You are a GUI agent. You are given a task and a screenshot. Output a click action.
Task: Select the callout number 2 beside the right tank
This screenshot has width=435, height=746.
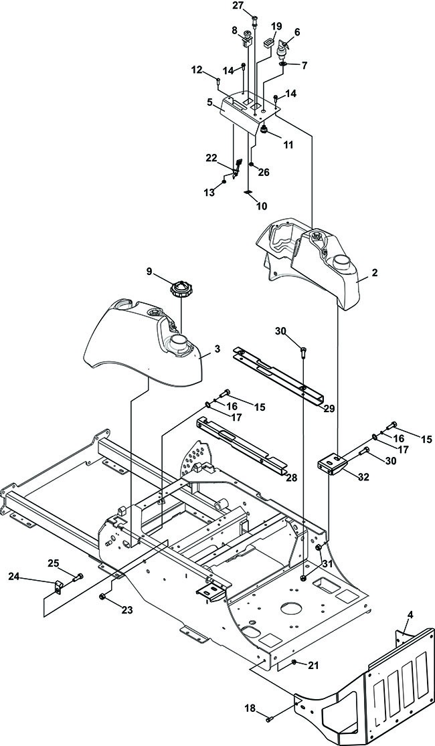[x=375, y=272]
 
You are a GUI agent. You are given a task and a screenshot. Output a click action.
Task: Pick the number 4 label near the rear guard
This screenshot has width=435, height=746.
[x=410, y=615]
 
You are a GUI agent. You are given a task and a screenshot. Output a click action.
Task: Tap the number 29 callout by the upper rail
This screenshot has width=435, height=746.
[x=329, y=409]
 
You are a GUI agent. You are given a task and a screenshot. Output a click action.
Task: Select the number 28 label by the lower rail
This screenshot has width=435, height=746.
[x=291, y=478]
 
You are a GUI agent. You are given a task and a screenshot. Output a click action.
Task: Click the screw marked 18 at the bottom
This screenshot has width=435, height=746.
[x=269, y=718]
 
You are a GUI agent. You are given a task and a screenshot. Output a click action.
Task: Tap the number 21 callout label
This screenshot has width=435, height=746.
[x=313, y=666]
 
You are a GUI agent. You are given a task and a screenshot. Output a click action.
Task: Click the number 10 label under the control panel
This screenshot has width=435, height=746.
[x=261, y=207]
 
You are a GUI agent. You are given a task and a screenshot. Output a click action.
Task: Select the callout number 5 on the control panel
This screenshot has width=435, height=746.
[x=210, y=102]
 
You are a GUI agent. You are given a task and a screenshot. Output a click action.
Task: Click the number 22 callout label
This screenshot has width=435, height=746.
[x=211, y=158]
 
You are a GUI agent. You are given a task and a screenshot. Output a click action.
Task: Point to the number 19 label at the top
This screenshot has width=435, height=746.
[x=276, y=25]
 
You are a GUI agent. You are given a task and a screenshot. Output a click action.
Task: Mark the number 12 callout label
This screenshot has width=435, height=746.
[x=197, y=70]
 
